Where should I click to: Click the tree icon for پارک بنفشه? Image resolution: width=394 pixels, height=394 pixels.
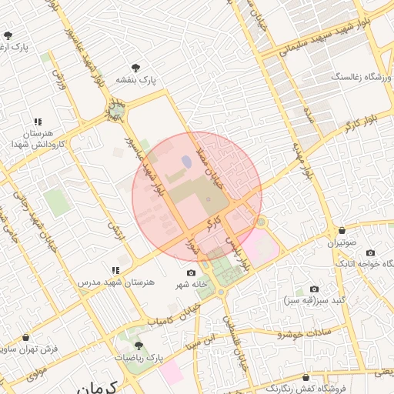pyautogui.click(x=136, y=68)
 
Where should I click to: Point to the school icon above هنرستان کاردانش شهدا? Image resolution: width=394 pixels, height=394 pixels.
pyautogui.click(x=38, y=122)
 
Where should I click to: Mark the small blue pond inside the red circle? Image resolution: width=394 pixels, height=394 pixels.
pyautogui.click(x=186, y=162)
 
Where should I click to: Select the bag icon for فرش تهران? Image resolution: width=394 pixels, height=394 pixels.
pyautogui.click(x=27, y=337)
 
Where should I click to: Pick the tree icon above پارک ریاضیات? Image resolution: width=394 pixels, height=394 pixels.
pyautogui.click(x=139, y=346)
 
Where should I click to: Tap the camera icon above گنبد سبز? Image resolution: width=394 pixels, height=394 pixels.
pyautogui.click(x=314, y=289)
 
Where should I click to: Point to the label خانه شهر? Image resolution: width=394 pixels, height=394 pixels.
pyautogui.click(x=191, y=285)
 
